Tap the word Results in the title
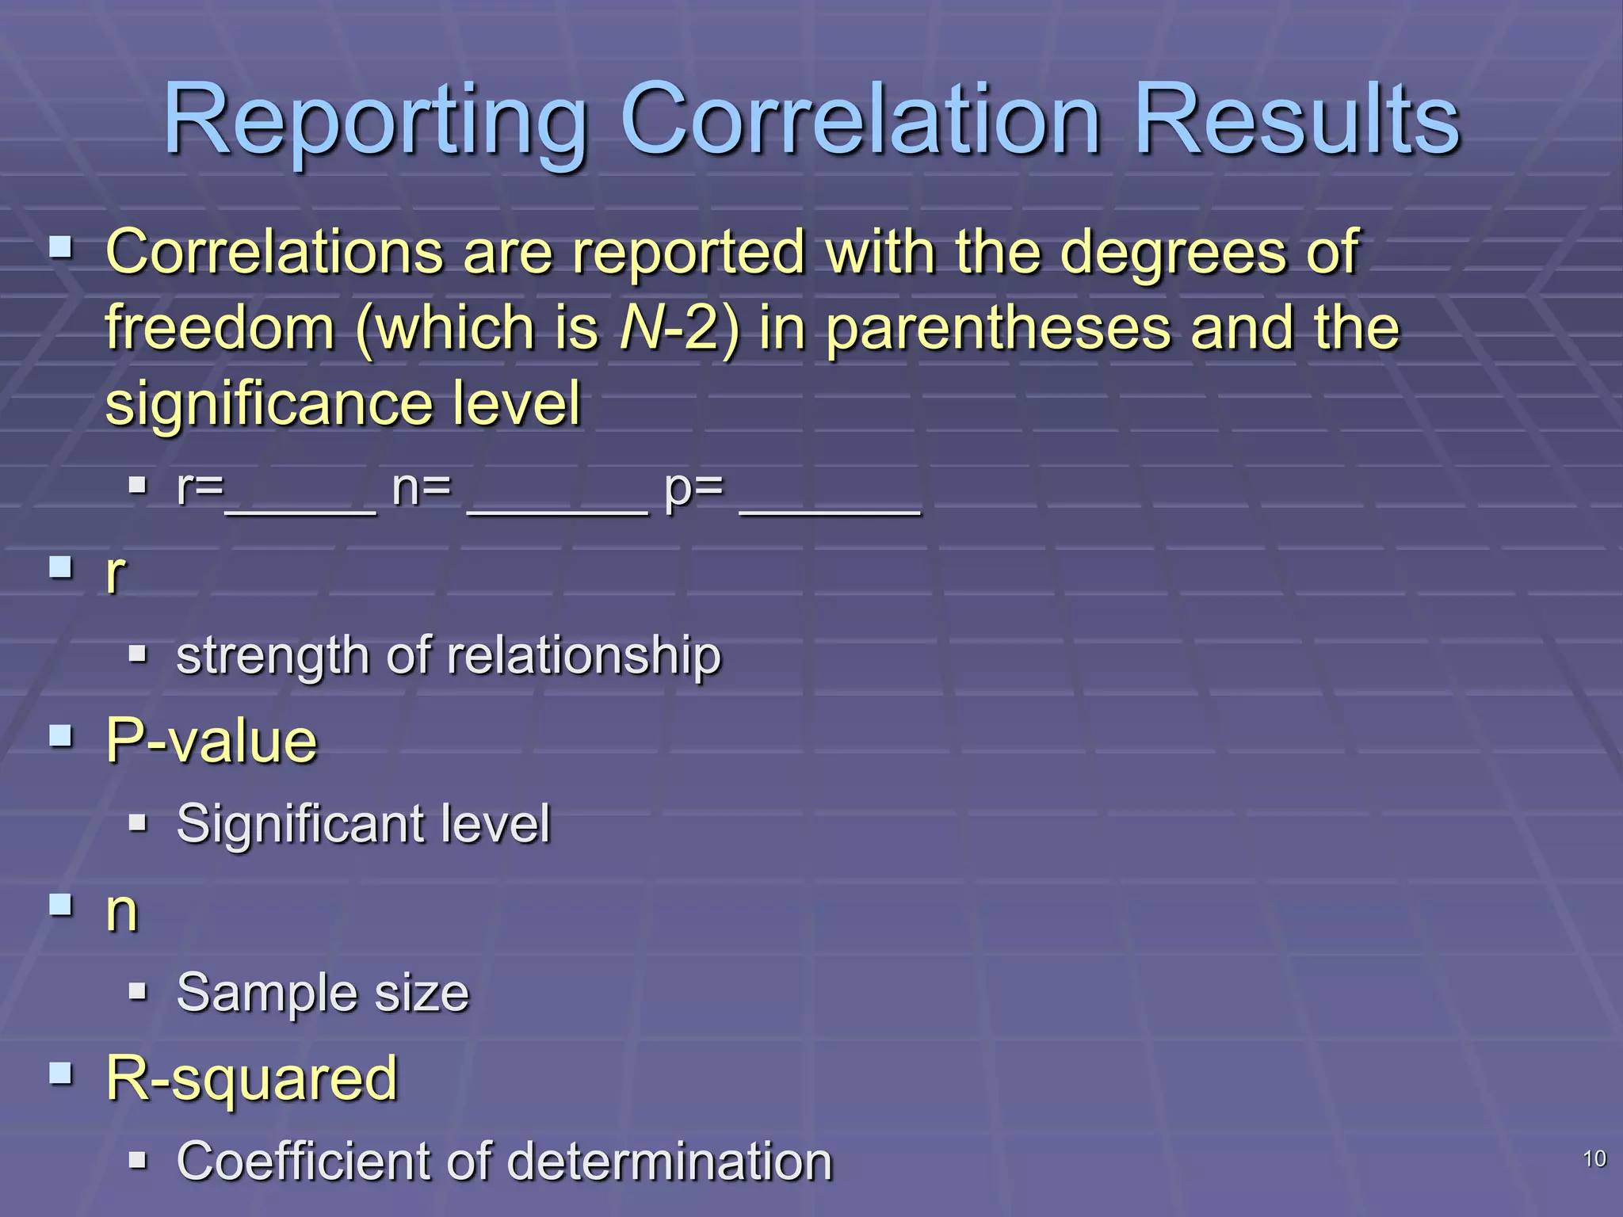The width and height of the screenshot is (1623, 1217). [1297, 120]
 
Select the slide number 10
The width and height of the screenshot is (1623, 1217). [1594, 1159]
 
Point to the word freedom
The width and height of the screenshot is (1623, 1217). [220, 328]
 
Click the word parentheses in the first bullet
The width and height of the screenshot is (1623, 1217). [999, 328]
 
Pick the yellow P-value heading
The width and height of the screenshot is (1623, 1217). [212, 742]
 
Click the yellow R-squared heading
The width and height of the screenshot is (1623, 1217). [251, 1079]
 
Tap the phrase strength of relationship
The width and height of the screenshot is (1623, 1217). [449, 656]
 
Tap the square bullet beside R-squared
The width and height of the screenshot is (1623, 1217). [60, 1074]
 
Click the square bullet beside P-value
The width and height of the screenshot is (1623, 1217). [60, 736]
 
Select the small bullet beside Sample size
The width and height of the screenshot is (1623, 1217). [138, 990]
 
